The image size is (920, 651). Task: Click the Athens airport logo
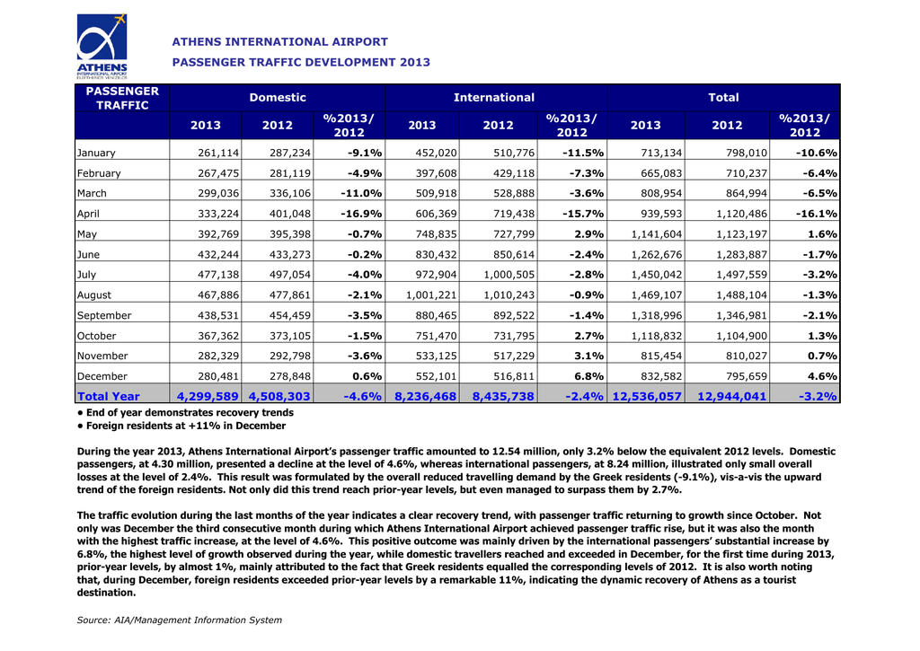[102, 46]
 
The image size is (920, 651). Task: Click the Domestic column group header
[278, 97]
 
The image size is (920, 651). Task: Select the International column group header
[493, 97]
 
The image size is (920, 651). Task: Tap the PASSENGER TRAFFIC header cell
[122, 98]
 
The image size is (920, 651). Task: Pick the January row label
[96, 153]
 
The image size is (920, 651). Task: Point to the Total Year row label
[109, 396]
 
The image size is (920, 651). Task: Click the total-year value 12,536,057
[646, 396]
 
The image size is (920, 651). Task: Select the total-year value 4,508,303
[279, 396]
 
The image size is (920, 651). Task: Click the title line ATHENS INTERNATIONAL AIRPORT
[279, 41]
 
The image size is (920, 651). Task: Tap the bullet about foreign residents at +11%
[181, 426]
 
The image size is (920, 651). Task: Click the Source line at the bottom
[180, 620]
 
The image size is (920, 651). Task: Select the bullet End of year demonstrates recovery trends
[185, 412]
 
